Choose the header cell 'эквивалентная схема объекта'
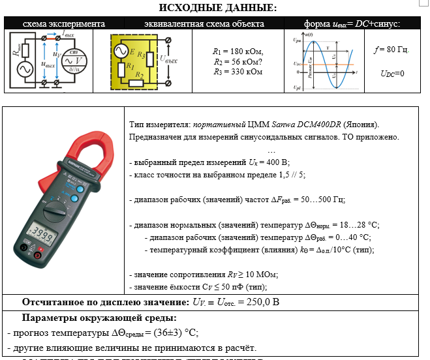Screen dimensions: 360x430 coord(195,24)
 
